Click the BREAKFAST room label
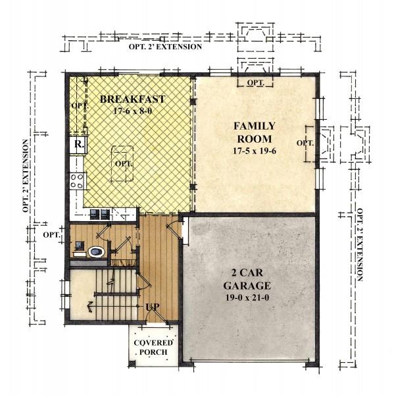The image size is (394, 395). point(132,99)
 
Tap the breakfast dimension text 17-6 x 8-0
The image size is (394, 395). point(133,111)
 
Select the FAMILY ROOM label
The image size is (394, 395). point(255,132)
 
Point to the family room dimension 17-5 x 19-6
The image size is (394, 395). point(255,151)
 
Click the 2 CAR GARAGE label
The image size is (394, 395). point(247,279)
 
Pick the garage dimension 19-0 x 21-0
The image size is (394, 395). point(247,298)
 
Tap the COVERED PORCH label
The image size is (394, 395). point(153,348)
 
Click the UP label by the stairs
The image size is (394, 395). point(153,307)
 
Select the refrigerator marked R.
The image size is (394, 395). point(78,145)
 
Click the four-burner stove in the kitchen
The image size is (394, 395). point(77,181)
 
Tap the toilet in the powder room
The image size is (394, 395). point(97,251)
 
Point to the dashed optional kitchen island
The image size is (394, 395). point(122,163)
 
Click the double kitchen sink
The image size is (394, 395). point(100,215)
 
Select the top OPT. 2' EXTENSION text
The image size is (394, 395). point(165,47)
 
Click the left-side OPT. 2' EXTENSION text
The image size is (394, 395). point(26,176)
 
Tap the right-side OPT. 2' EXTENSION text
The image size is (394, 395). point(360,244)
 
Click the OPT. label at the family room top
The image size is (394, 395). point(255,83)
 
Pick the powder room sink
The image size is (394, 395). point(80,245)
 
